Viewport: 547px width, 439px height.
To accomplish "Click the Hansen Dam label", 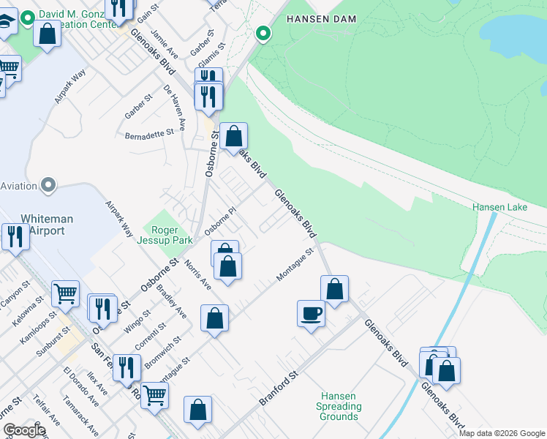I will click(x=320, y=19).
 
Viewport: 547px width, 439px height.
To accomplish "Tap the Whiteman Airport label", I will click(x=42, y=225).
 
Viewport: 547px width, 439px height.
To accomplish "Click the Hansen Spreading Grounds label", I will click(x=339, y=406).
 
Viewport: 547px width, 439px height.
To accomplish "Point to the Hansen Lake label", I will click(x=499, y=208).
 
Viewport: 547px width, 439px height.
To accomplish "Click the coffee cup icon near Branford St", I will click(x=311, y=314).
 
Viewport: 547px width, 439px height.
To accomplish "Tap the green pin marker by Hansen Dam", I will click(x=263, y=33).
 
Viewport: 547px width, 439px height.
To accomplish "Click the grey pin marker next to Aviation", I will click(x=48, y=185).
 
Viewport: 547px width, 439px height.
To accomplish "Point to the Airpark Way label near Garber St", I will click(x=70, y=86).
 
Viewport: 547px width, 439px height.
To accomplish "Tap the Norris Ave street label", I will click(x=197, y=274).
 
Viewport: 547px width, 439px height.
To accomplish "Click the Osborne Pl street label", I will click(x=222, y=220).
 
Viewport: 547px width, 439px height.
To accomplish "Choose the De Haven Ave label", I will click(x=176, y=103).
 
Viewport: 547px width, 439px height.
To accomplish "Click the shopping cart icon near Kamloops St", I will click(x=65, y=293).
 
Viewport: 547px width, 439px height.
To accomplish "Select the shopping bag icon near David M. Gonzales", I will click(x=48, y=34).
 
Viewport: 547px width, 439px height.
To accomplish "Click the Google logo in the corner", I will click(x=24, y=430).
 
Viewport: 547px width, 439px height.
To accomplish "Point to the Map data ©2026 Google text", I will click(x=502, y=433).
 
